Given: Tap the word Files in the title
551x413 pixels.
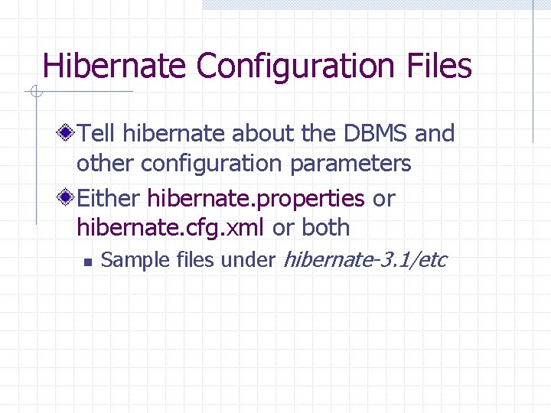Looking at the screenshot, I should [439, 66].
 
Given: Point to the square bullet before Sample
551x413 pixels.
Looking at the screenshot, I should [87, 262].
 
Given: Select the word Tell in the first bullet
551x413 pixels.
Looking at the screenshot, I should [96, 134].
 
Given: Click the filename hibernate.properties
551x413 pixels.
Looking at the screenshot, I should [256, 199].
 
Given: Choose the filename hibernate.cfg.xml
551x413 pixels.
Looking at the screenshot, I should [171, 228].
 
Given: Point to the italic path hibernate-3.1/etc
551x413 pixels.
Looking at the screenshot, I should [365, 260].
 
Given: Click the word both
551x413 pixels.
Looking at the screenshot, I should [326, 228].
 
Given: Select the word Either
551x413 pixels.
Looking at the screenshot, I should [109, 199].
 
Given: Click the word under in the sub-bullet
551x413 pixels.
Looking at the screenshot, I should [248, 260].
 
